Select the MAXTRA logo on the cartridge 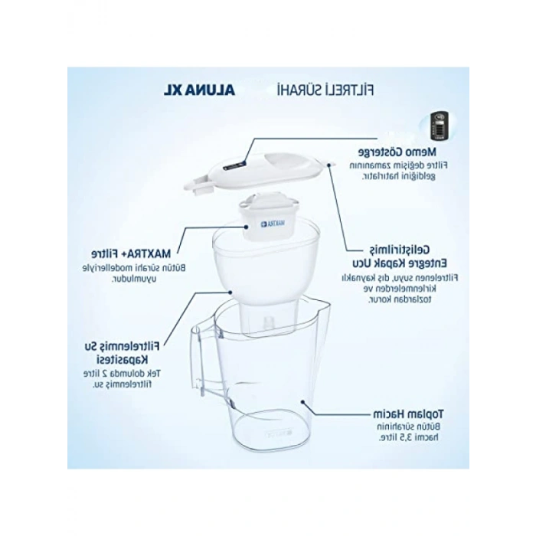[273, 223]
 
